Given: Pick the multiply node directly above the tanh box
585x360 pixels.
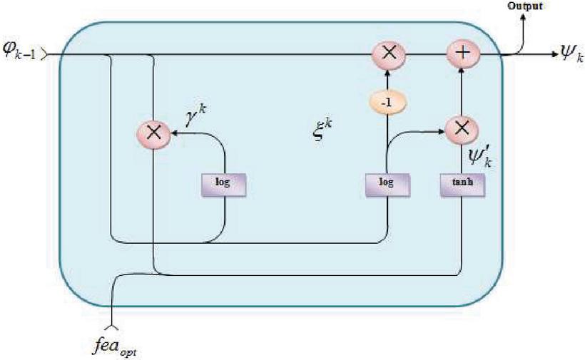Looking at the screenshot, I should click(x=461, y=128).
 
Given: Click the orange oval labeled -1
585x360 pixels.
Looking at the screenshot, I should click(x=387, y=103).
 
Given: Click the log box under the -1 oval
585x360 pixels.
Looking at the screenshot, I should click(x=386, y=183).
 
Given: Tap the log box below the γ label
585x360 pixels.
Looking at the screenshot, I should click(x=224, y=182).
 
